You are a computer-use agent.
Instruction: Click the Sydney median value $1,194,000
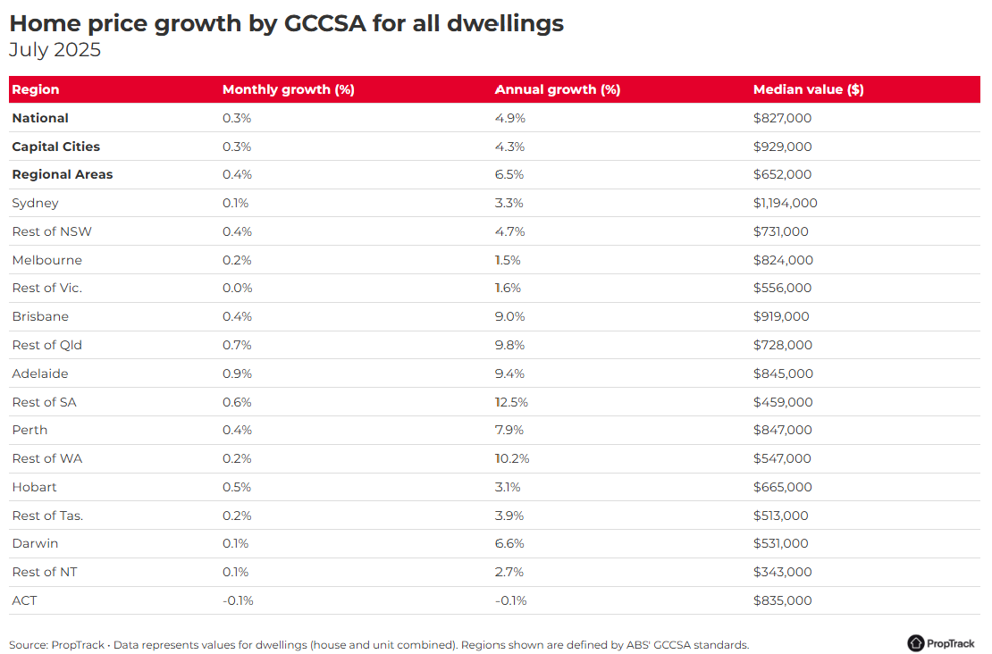785,203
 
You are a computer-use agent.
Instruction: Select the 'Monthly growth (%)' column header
288,89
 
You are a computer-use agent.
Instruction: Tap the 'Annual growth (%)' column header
557,89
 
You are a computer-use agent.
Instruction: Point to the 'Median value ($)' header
808,89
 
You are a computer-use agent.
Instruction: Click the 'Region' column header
36,89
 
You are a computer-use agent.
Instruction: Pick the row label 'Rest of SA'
44,402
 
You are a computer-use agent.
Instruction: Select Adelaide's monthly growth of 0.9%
237,373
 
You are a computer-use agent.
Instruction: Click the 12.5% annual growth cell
511,402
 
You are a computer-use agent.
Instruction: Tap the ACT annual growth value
510,600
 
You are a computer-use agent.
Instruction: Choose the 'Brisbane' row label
40,316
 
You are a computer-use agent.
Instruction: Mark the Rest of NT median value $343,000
782,572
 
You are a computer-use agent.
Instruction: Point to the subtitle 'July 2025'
55,50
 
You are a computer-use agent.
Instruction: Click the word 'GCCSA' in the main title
326,23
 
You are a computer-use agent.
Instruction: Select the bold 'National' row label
40,118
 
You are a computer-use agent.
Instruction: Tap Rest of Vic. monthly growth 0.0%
237,288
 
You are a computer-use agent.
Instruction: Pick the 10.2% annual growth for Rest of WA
511,458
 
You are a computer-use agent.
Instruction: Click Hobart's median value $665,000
782,487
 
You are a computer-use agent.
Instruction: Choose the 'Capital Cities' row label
55,147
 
